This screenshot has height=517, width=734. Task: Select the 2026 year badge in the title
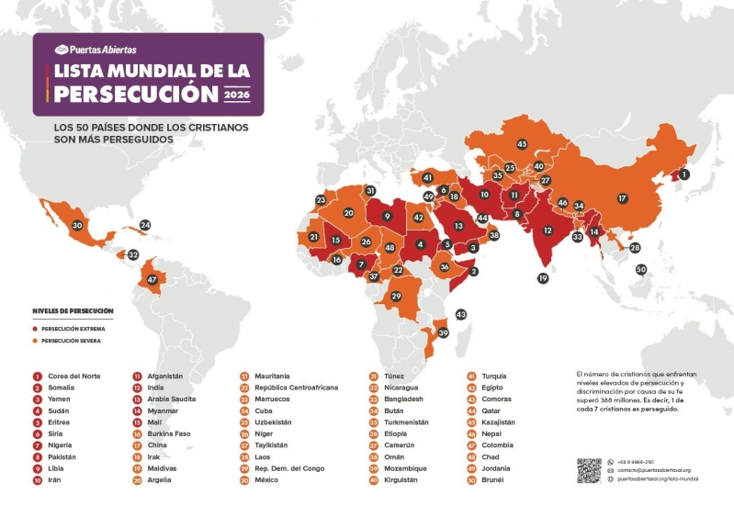point(242,94)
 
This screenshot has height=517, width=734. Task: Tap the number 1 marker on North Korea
point(683,174)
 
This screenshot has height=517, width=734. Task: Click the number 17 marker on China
point(622,198)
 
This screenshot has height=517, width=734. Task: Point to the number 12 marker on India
point(548,230)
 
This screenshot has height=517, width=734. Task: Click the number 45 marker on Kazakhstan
point(521,144)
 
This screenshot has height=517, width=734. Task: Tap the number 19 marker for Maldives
point(543,278)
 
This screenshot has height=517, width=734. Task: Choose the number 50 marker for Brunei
point(641,269)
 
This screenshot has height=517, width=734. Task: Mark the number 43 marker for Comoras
point(461,314)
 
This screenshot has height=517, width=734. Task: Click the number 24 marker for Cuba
point(145,225)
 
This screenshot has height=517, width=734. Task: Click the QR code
point(589,470)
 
